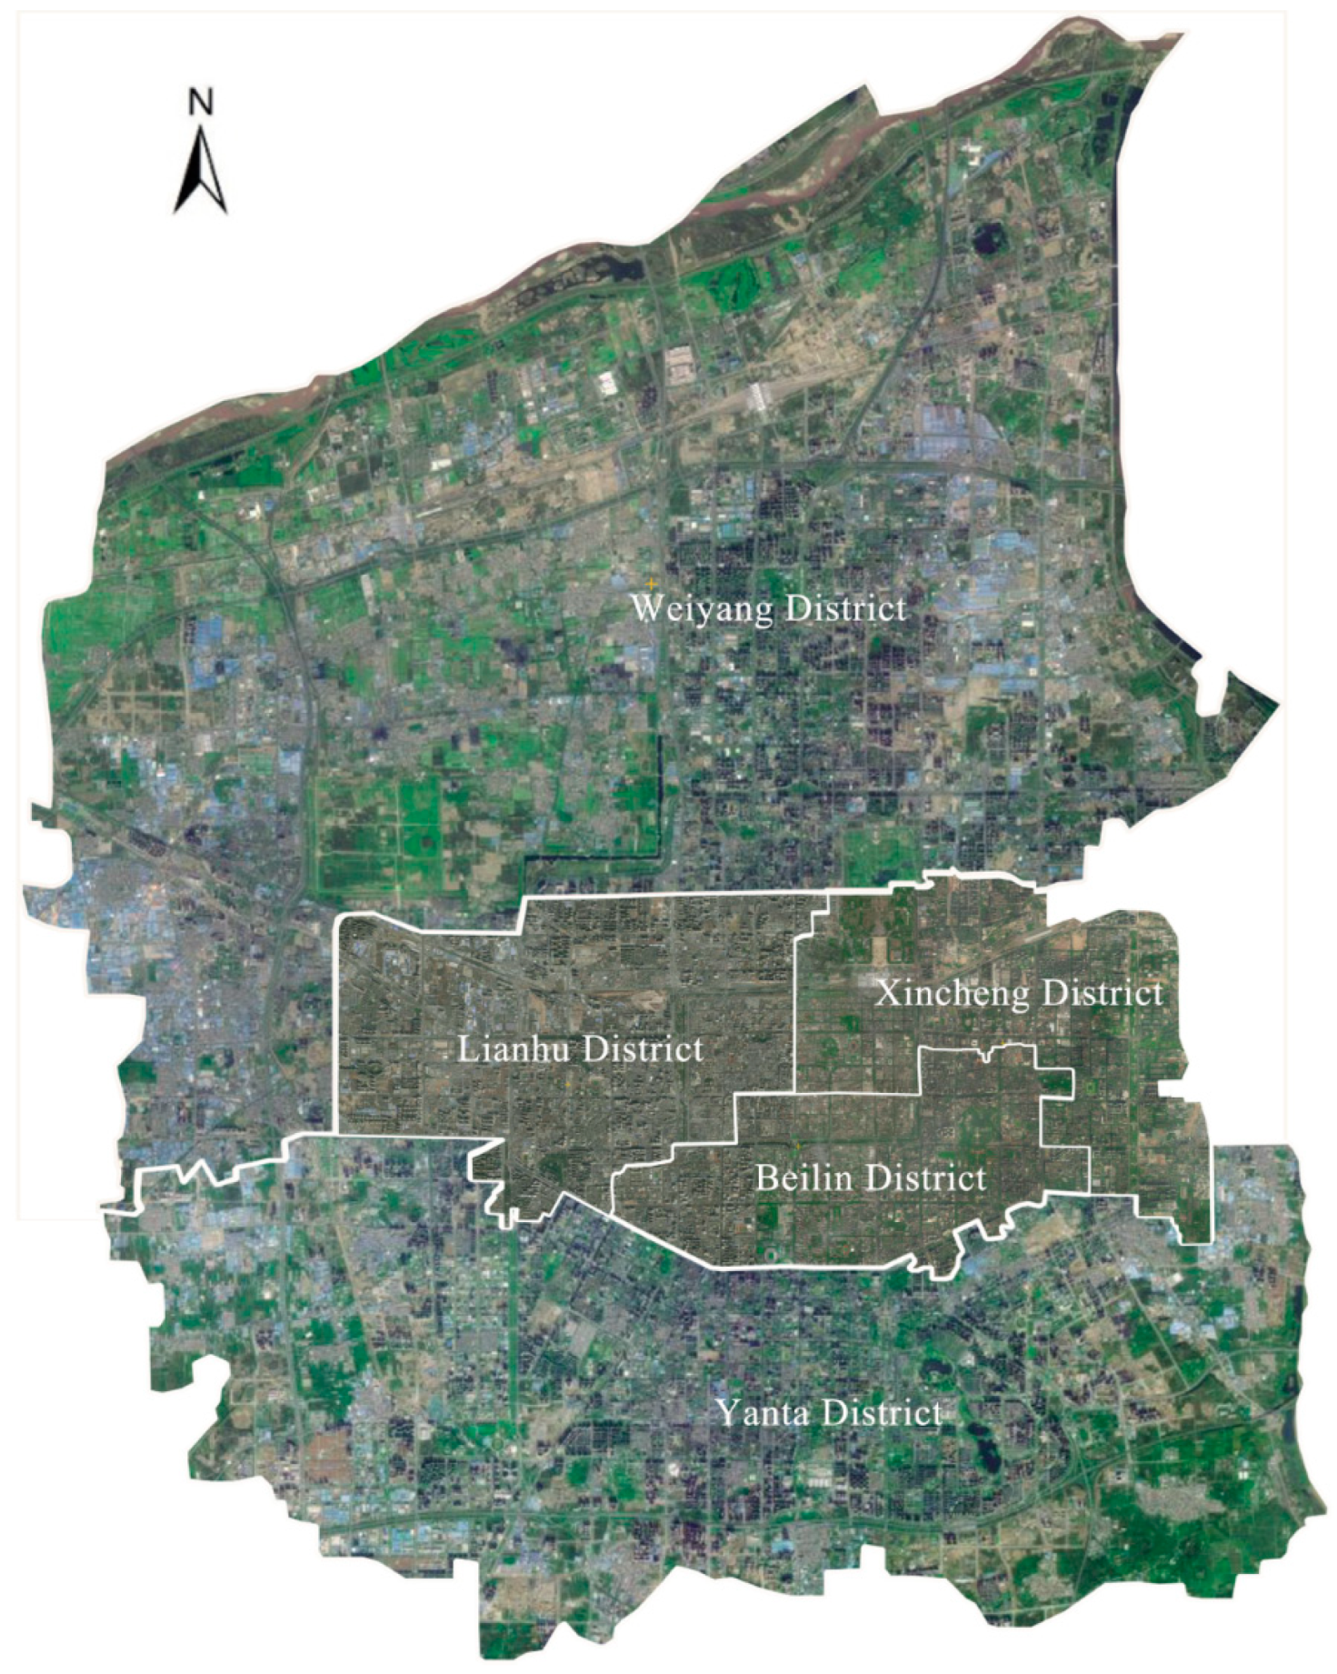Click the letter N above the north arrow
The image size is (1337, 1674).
click(x=200, y=101)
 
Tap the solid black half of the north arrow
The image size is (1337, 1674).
click(x=190, y=182)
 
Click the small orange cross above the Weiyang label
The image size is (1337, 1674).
click(x=650, y=581)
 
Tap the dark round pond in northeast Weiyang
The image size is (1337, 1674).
click(x=983, y=240)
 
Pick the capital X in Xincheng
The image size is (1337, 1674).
click(x=886, y=993)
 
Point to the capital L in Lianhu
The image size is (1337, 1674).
click(x=468, y=1049)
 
